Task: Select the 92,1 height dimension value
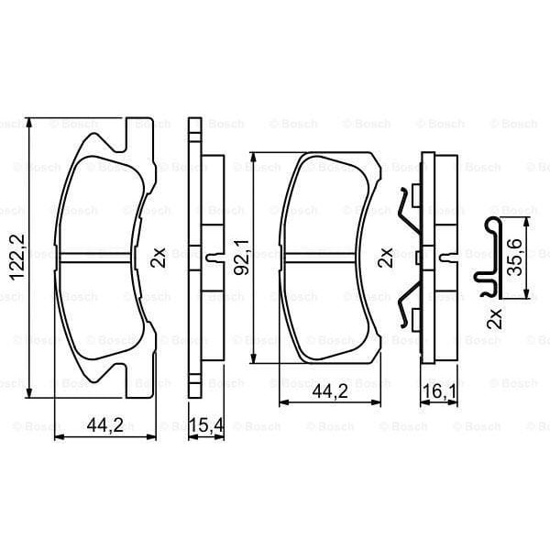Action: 242,258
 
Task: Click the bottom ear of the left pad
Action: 138,383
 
